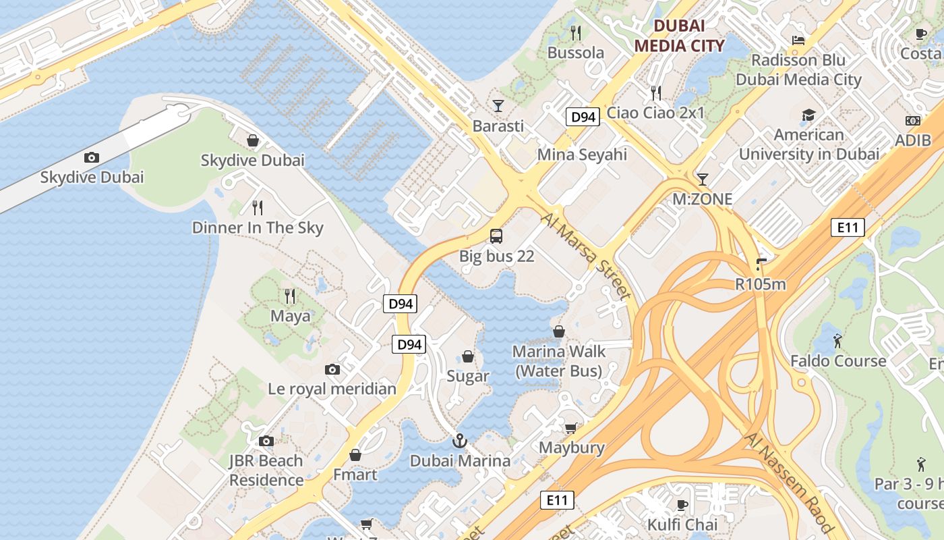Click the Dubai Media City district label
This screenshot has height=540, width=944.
pos(679,36)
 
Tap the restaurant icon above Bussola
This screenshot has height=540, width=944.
pos(575,32)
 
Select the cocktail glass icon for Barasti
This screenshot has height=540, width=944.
pos(498,105)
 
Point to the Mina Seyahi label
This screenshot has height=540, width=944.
pos(582,155)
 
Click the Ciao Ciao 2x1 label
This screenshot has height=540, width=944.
pos(655,113)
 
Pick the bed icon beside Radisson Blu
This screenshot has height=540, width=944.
pos(798,40)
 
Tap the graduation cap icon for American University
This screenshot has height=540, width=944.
pos(808,115)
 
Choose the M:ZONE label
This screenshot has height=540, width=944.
pos(702,199)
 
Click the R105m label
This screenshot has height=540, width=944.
pos(761,284)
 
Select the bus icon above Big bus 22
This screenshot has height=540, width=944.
pos(496,236)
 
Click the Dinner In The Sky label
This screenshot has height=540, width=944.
pos(258,228)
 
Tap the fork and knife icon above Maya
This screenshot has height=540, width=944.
pos(290,296)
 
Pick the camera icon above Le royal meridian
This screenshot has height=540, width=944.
pos(332,369)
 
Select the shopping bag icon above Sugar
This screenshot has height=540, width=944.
pos(467,356)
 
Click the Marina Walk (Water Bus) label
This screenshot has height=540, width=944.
pos(559,361)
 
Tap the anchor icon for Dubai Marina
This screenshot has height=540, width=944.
pos(459,441)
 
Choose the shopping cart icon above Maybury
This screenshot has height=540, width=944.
pos(571,428)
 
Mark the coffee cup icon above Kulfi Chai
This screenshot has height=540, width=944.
pos(682,505)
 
